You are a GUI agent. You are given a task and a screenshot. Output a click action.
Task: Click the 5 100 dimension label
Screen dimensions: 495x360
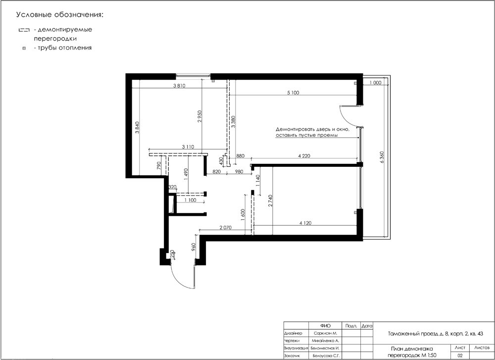pos(293,93)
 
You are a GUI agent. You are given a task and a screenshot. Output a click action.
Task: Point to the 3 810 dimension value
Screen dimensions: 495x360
pos(179,86)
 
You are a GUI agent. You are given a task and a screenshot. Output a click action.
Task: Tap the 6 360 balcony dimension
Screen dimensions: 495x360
pos(382,157)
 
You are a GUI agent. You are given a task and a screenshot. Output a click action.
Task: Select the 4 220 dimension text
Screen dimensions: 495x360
pos(304,155)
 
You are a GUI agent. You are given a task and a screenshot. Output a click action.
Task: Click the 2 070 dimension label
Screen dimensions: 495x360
pos(226,227)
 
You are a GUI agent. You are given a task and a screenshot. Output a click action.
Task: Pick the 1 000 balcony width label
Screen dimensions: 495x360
pos(375,83)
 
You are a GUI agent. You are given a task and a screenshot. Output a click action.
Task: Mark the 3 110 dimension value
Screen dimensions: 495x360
pos(188,147)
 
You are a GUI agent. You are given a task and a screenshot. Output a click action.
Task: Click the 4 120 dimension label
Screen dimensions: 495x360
pos(305,223)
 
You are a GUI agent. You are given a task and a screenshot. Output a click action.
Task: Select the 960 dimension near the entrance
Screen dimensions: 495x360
pos(194,246)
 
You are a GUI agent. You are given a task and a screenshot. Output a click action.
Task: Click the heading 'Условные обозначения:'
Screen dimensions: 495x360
pos(60,15)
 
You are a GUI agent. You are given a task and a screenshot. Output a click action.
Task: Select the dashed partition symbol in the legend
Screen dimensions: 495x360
pos(24,30)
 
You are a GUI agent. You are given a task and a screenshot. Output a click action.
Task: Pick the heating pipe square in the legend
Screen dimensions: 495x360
pos(24,49)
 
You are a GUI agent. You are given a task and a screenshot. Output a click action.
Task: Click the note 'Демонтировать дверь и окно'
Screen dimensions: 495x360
pos(312,129)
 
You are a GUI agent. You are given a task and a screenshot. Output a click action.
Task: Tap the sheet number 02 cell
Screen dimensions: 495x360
pos(460,356)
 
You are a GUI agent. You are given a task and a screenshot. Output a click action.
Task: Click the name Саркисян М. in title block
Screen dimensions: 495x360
pos(326,333)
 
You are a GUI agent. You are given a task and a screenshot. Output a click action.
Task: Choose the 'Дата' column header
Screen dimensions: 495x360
pos(367,325)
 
